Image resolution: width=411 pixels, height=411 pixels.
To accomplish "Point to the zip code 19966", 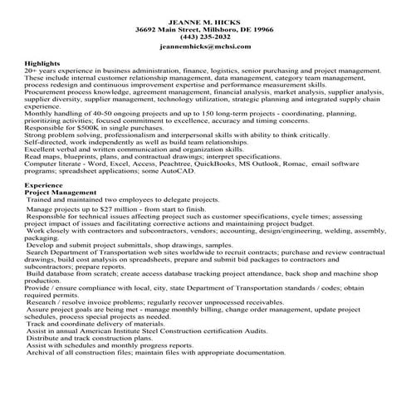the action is coord(261,28).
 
